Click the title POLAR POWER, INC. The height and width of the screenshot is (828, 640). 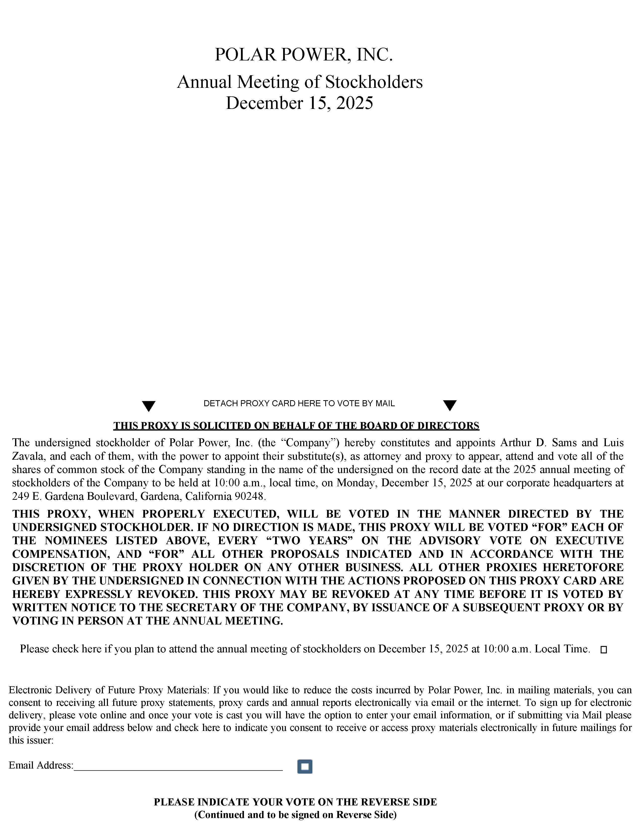point(303,55)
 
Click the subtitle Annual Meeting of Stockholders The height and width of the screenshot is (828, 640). point(299,82)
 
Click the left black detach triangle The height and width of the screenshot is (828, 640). point(149,406)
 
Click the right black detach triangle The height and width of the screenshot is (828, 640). point(450,405)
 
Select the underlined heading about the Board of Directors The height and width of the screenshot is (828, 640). point(296,426)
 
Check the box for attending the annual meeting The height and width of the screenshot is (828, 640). point(604,650)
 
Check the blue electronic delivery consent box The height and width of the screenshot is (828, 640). point(304,767)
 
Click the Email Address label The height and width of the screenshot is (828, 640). point(41,766)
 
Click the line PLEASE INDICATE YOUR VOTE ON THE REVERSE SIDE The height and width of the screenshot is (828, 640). point(295,802)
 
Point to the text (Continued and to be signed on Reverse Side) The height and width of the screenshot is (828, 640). point(295,815)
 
